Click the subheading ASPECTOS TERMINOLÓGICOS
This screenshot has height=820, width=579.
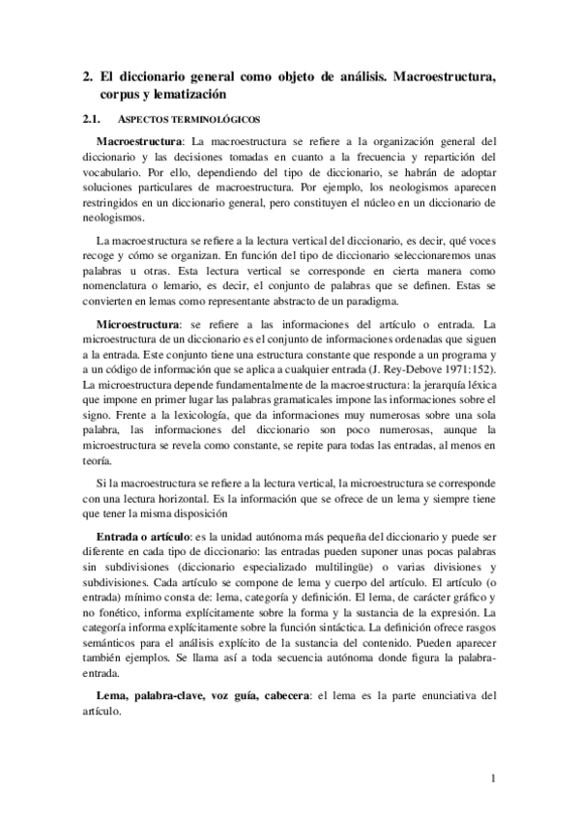pos(184,121)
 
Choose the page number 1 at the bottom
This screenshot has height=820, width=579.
pos(492,778)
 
